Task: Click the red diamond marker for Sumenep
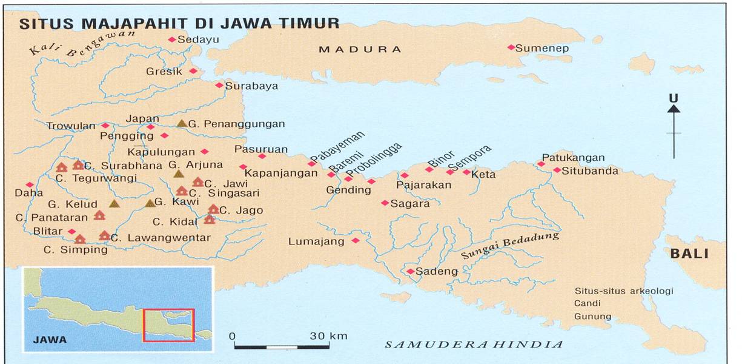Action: pyautogui.click(x=511, y=47)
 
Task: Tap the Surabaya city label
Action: pyautogui.click(x=251, y=86)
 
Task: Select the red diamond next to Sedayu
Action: pyautogui.click(x=171, y=39)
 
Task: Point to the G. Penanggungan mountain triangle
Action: pyautogui.click(x=182, y=123)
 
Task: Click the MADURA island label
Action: pyautogui.click(x=360, y=49)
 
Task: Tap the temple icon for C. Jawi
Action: pyautogui.click(x=198, y=182)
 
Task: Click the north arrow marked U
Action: pyautogui.click(x=674, y=127)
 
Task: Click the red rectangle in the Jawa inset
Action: pyautogui.click(x=168, y=325)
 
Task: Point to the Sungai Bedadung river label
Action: pyautogui.click(x=509, y=246)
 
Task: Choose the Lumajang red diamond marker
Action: pyautogui.click(x=356, y=241)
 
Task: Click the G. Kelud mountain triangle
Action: pyautogui.click(x=114, y=204)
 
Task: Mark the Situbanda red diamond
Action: pyautogui.click(x=557, y=170)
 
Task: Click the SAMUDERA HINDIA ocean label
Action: pyautogui.click(x=474, y=345)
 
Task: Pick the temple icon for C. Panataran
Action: pyautogui.click(x=99, y=215)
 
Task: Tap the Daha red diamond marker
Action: pyautogui.click(x=30, y=184)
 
